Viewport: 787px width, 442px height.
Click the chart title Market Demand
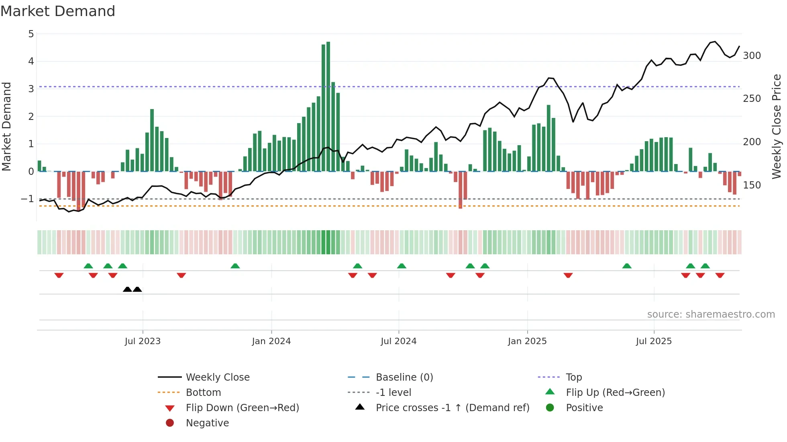(58, 11)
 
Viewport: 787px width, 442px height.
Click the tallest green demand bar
(328, 106)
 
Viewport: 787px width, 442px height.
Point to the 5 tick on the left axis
(31, 34)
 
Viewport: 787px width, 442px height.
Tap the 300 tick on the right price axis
(752, 56)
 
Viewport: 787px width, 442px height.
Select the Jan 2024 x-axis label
(271, 341)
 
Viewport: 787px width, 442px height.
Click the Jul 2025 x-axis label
(653, 341)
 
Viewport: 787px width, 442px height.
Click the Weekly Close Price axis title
(777, 126)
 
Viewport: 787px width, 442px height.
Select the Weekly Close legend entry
(217, 377)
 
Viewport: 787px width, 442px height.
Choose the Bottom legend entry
(203, 393)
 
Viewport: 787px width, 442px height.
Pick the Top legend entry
(573, 377)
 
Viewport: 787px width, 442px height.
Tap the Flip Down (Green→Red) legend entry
(242, 408)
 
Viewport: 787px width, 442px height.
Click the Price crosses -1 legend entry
(452, 408)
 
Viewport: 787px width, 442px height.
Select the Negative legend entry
(207, 423)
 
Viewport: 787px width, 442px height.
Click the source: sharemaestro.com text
(711, 314)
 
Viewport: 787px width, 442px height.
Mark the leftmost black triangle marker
(127, 289)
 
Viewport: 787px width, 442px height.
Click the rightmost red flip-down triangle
(720, 275)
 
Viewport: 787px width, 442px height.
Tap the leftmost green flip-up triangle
(88, 266)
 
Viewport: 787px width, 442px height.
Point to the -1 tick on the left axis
(28, 199)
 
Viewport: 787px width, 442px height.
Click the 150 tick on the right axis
(752, 185)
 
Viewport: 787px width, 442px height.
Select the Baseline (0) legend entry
(404, 377)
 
